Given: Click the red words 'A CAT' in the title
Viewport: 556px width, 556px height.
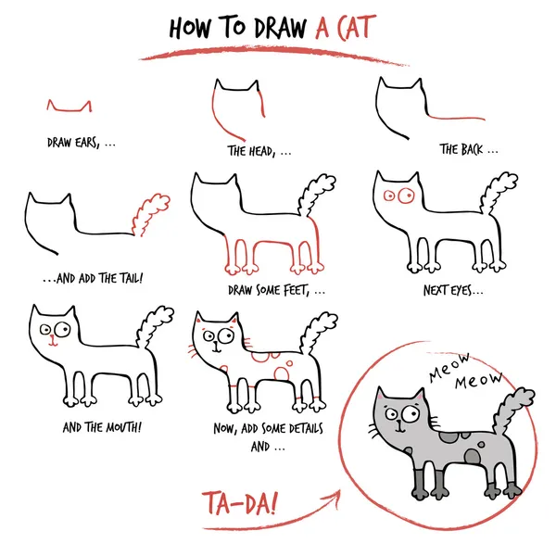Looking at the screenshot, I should click(x=344, y=29).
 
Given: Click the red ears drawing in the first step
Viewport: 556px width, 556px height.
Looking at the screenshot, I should click(x=69, y=107).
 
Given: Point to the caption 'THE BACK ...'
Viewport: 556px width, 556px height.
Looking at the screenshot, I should click(x=469, y=148).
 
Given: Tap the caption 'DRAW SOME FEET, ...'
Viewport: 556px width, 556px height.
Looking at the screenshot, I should click(x=276, y=290).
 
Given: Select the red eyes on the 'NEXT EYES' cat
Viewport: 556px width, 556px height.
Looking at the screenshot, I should click(x=397, y=196).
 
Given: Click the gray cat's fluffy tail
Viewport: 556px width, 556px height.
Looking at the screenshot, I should click(x=511, y=404).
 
